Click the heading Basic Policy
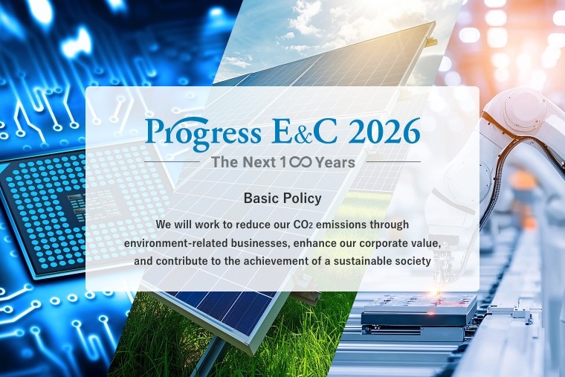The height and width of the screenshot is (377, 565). click(x=282, y=199)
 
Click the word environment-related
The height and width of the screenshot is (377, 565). click(x=172, y=242)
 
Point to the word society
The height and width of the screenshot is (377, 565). click(x=413, y=261)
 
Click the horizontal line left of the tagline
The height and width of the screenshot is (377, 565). click(x=172, y=161)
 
